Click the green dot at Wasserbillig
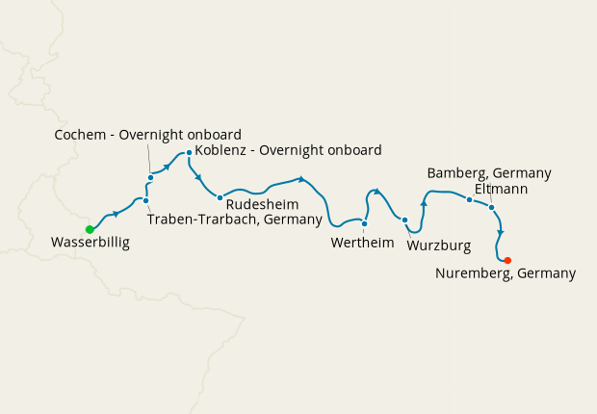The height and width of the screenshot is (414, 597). click(x=90, y=229)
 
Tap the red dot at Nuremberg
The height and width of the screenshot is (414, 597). click(x=507, y=260)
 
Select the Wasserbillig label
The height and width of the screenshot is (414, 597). click(x=91, y=245)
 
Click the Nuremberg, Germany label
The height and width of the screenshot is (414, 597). click(x=506, y=274)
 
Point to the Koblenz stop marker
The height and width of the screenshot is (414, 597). click(x=190, y=151)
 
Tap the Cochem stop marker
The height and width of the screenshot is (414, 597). click(x=151, y=177)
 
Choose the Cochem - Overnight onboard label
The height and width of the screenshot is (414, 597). click(x=148, y=135)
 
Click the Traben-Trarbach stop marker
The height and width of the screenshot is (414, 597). click(x=145, y=200)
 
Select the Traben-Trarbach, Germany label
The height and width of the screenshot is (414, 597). click(x=233, y=220)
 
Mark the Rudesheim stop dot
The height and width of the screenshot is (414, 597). click(x=220, y=197)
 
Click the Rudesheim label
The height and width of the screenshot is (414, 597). click(x=262, y=205)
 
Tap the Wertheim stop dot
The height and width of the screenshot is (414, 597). click(x=364, y=223)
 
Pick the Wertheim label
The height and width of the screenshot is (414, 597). click(x=362, y=243)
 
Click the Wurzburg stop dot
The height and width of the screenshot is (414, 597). click(x=404, y=220)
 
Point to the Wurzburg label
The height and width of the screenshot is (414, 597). click(x=439, y=246)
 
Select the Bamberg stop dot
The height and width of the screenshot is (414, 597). click(x=469, y=199)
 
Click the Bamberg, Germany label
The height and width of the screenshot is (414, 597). click(x=489, y=173)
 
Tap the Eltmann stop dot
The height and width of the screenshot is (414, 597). click(x=491, y=207)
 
